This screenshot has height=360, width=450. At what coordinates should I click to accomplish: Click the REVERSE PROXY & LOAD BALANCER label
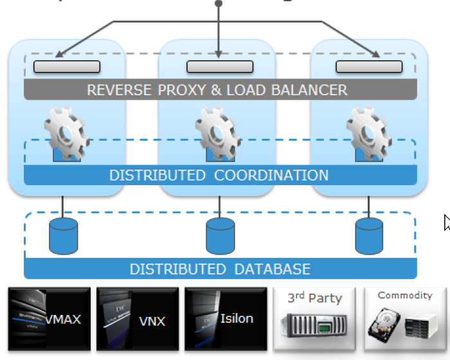[x=217, y=90]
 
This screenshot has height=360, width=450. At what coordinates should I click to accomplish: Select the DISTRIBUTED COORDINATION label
[x=219, y=175]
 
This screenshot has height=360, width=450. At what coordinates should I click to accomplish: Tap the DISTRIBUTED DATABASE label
[x=220, y=269]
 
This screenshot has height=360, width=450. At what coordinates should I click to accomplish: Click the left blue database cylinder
[x=63, y=236]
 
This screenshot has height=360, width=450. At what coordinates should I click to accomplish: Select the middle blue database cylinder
[x=220, y=236]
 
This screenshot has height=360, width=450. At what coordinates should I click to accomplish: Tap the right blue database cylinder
[x=370, y=236]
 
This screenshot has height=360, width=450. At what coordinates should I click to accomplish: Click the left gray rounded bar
[x=67, y=66]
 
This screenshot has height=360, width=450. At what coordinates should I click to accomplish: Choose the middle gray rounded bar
[x=219, y=66]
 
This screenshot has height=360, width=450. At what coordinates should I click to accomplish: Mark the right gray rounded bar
[x=370, y=66]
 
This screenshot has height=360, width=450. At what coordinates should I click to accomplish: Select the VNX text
[x=152, y=321]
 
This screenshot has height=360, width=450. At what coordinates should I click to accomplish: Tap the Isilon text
[x=237, y=318]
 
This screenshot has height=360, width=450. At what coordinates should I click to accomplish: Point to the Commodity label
[x=405, y=295]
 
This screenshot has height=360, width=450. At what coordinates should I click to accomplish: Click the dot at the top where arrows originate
[x=219, y=3]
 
